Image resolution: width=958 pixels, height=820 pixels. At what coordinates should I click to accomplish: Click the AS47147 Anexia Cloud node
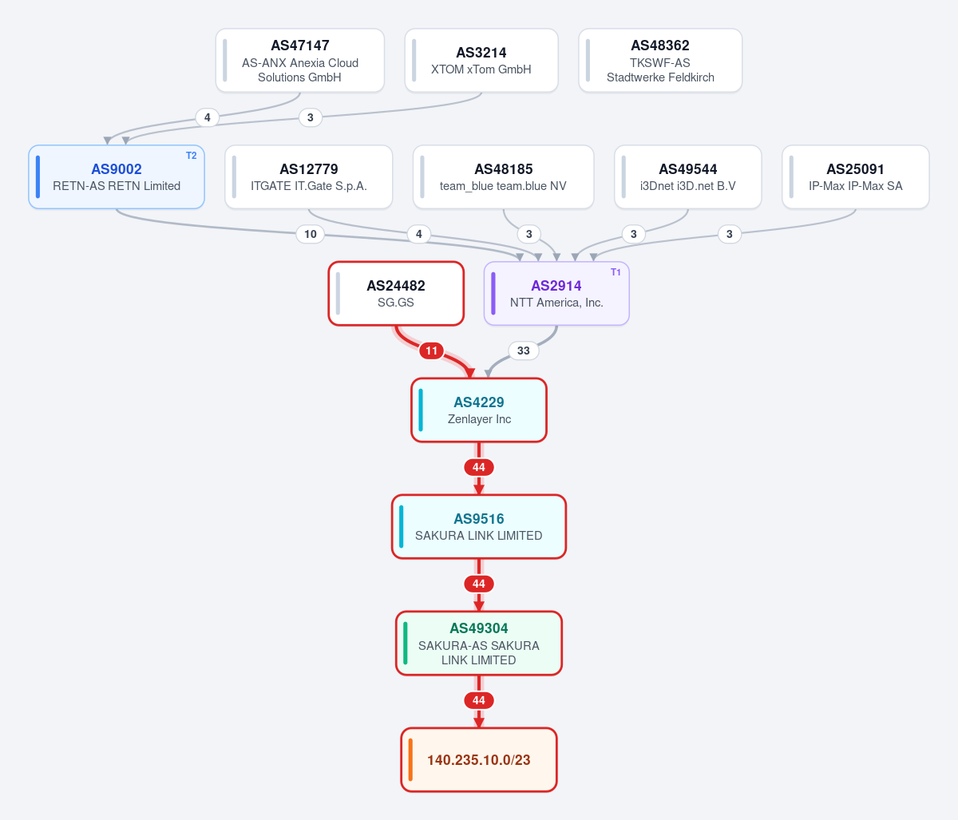tap(300, 61)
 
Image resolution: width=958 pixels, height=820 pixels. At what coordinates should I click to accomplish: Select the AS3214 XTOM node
tap(481, 61)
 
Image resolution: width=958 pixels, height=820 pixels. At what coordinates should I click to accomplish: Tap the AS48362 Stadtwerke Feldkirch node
tap(660, 61)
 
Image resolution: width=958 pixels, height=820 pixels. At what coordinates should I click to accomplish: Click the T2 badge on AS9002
tap(191, 156)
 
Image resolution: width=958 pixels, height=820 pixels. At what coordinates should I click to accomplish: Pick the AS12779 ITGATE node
tap(309, 177)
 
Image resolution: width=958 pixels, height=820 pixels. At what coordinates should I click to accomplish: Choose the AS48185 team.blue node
tap(503, 177)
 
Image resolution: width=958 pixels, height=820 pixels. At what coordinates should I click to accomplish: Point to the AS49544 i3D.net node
tap(688, 177)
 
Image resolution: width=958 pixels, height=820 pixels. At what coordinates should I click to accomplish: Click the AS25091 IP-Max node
tap(856, 177)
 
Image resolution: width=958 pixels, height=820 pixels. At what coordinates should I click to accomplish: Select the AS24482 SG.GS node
tap(396, 293)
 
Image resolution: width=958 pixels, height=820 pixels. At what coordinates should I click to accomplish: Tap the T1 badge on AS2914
tap(616, 272)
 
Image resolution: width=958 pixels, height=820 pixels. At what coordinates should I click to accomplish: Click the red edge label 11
tap(431, 351)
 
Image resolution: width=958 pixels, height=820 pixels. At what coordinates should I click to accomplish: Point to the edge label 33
tap(523, 351)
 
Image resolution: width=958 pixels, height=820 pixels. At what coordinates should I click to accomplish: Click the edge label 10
tap(310, 234)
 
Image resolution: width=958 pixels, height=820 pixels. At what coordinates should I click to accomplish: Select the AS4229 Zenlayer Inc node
tap(479, 410)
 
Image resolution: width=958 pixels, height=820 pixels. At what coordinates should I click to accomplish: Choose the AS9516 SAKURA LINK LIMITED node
tap(479, 527)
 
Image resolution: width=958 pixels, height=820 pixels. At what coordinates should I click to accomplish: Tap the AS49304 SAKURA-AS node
tap(479, 644)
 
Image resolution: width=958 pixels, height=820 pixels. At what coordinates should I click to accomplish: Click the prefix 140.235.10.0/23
tap(479, 760)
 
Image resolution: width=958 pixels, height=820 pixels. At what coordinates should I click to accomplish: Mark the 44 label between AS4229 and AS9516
tap(479, 467)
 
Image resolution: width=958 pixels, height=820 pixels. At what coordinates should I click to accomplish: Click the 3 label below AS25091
tap(729, 234)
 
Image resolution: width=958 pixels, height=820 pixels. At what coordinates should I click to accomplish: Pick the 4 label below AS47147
tap(208, 117)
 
